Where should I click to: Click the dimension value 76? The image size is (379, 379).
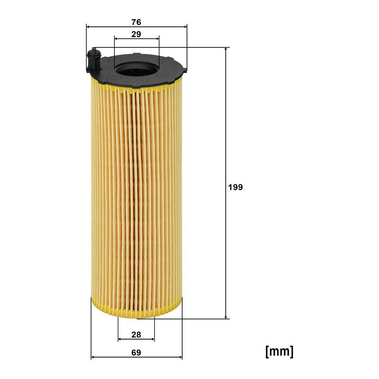click(x=136, y=22)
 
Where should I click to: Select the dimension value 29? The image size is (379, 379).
click(x=136, y=34)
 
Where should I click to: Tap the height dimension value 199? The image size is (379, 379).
click(x=235, y=187)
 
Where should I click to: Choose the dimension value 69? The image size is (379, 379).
click(x=136, y=353)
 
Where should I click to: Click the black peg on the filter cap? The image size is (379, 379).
click(x=94, y=59)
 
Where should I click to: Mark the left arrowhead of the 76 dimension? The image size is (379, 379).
click(x=88, y=27)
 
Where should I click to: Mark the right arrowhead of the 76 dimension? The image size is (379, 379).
click(x=185, y=27)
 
